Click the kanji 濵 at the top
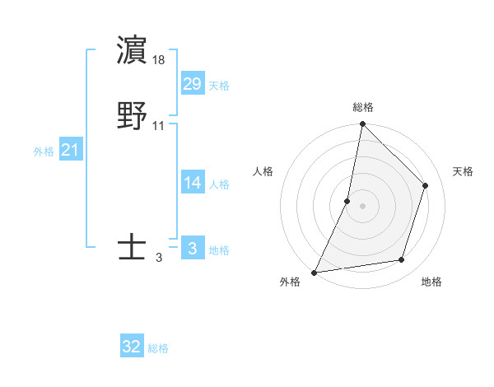click(x=133, y=50)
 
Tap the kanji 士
click(x=133, y=247)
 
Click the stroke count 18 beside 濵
click(x=159, y=60)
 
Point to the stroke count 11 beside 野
click(x=159, y=126)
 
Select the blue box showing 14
click(x=193, y=183)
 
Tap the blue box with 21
click(x=71, y=150)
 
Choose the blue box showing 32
click(x=132, y=347)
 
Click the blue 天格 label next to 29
click(x=219, y=86)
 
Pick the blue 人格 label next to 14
click(x=219, y=184)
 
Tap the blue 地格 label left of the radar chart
click(x=219, y=250)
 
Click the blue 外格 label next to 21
click(x=44, y=152)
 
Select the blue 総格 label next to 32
click(x=158, y=349)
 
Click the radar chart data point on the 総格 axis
click(x=362, y=124)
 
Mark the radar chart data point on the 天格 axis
click(x=426, y=185)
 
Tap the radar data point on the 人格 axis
click(x=347, y=201)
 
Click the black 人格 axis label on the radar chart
click(x=263, y=171)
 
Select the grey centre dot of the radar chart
click(x=362, y=206)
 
